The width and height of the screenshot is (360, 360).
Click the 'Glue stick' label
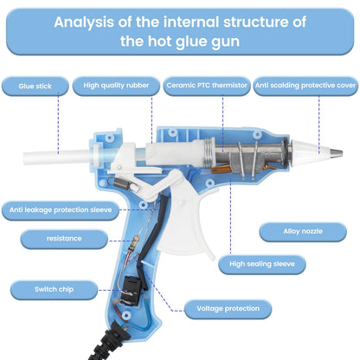(x=35, y=86)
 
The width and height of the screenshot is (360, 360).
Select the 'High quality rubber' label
(x=116, y=86)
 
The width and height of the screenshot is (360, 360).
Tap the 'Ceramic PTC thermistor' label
(x=207, y=86)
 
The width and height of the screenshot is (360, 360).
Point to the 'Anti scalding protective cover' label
(x=305, y=86)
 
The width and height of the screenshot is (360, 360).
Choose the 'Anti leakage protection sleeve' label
(x=61, y=210)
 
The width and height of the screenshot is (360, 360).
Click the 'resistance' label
(x=64, y=239)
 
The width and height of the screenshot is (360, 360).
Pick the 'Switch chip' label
(x=54, y=290)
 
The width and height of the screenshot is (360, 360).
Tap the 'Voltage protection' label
(x=228, y=309)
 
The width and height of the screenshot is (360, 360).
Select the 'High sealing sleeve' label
(x=262, y=264)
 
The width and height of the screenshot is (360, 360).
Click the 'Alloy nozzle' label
(x=303, y=232)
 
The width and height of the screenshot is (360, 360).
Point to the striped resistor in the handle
(x=135, y=243)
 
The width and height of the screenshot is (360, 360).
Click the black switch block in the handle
(x=132, y=291)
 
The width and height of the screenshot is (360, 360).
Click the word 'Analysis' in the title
(x=84, y=22)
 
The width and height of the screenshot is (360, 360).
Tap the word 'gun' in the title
(x=225, y=42)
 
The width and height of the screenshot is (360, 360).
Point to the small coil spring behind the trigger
(x=120, y=183)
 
